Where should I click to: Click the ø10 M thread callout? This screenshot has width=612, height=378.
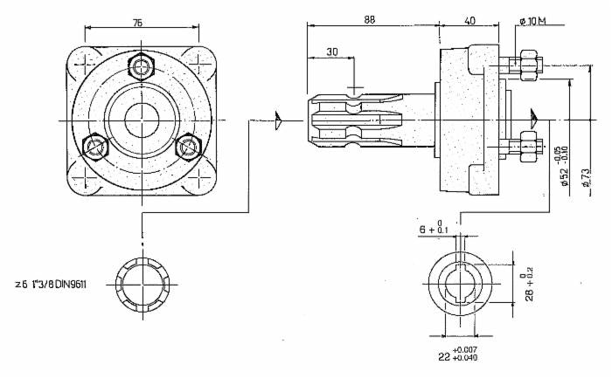(532, 19)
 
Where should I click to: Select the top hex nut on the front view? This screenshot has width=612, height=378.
(140, 65)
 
